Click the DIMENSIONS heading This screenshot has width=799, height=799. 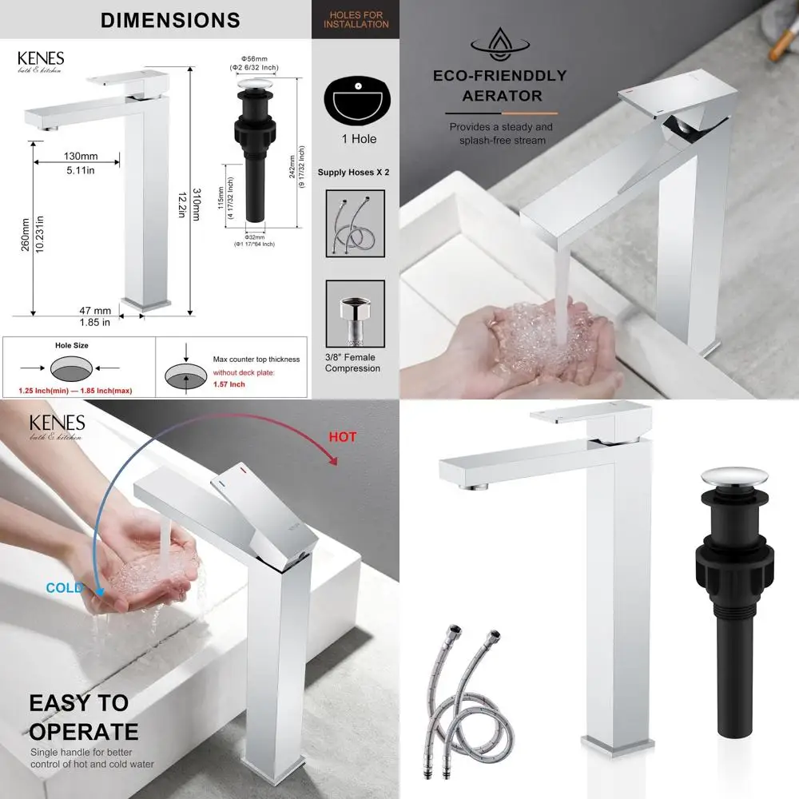coord(170,20)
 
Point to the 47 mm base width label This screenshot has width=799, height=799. coord(95,311)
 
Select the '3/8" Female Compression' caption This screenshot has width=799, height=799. coord(352,363)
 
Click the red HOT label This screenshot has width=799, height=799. coord(342,437)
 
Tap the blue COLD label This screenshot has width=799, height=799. coord(64,588)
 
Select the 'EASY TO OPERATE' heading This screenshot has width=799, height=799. coord(83,717)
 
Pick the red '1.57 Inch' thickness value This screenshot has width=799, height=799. coord(229,384)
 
